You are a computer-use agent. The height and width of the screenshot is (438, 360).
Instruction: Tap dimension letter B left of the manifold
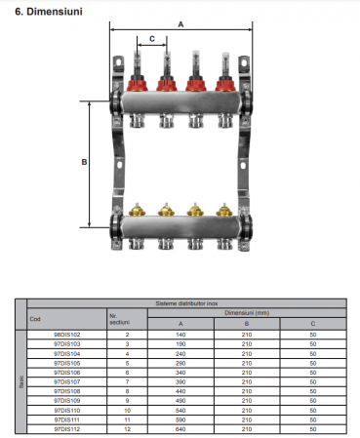click(x=85, y=162)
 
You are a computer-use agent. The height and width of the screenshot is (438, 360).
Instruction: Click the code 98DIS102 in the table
click(x=67, y=335)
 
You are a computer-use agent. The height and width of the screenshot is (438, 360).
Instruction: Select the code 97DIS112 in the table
click(x=67, y=428)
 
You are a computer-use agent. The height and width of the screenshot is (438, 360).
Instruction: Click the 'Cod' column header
click(x=36, y=319)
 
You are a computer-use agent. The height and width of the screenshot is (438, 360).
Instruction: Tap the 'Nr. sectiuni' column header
click(x=119, y=319)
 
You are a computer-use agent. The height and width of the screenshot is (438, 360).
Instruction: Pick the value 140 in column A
click(x=180, y=335)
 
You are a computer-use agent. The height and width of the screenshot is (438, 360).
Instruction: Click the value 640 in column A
click(x=180, y=428)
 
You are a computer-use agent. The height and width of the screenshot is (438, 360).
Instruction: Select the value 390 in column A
click(x=180, y=381)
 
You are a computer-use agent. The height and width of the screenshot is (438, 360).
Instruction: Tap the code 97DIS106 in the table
click(x=67, y=372)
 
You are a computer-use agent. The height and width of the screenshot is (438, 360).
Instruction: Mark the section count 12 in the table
click(x=127, y=428)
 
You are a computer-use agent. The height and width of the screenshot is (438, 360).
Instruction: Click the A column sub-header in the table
click(x=180, y=323)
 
